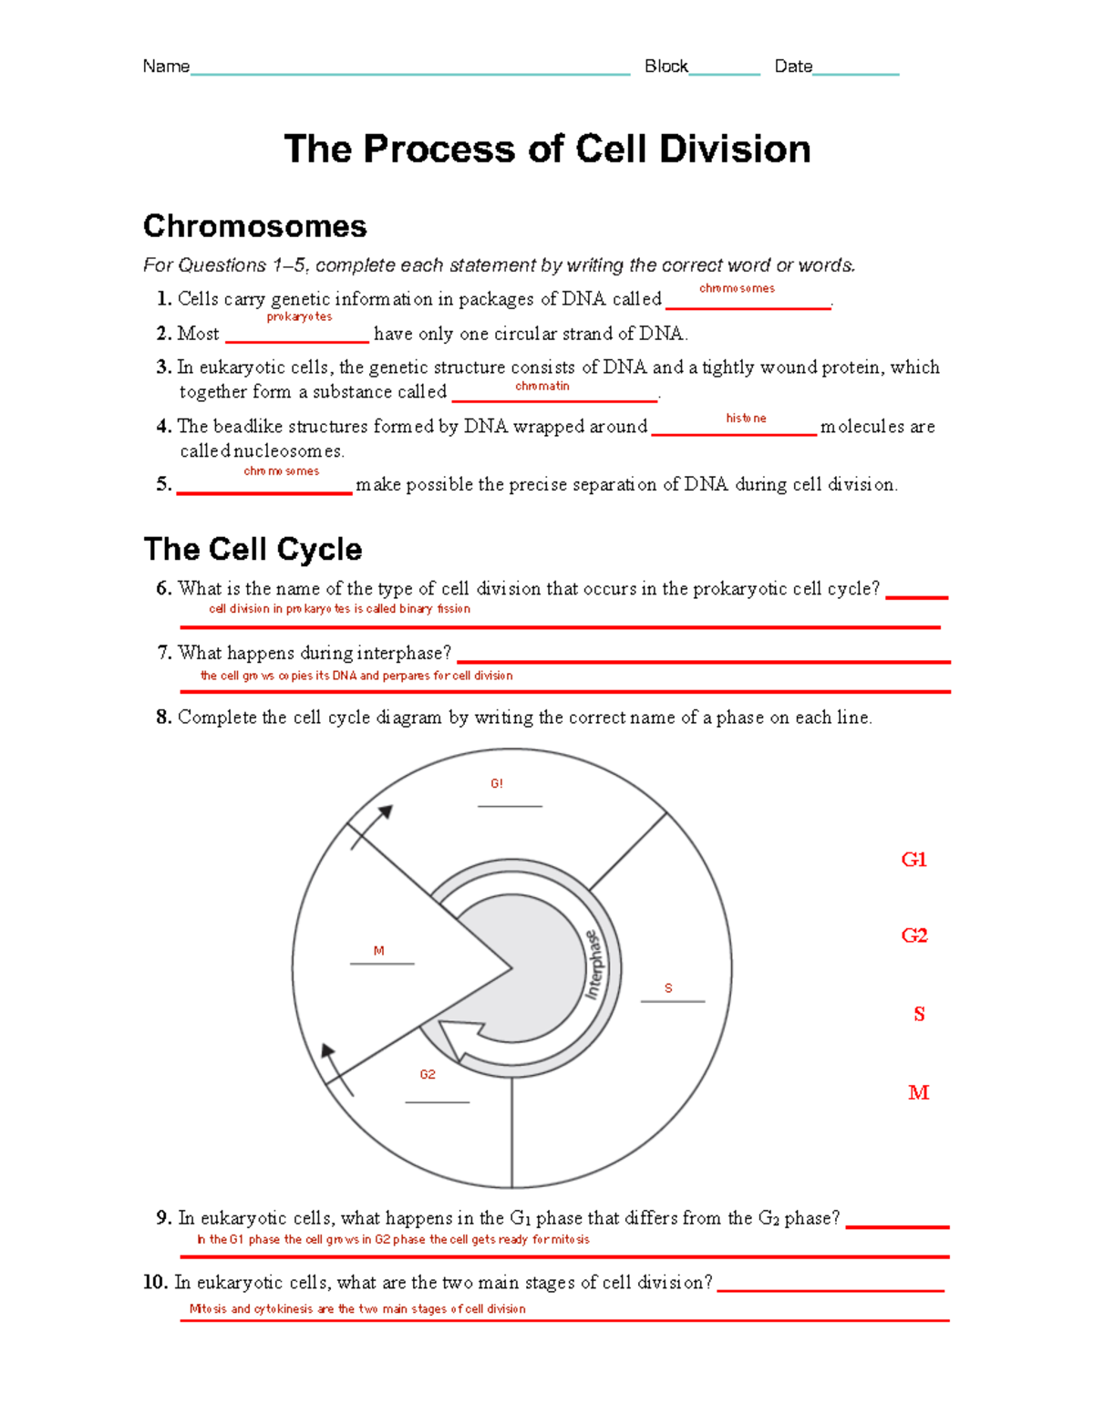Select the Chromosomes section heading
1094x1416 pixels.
click(x=255, y=226)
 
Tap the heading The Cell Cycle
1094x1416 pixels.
click(x=253, y=549)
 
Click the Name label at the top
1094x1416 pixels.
click(x=166, y=67)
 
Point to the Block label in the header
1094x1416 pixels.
click(x=666, y=67)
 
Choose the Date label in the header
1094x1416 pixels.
click(x=792, y=67)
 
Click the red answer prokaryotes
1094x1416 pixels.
click(x=299, y=317)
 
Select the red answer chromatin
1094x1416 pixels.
click(x=542, y=387)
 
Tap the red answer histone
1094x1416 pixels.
click(x=746, y=419)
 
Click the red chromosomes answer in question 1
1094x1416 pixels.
click(x=737, y=288)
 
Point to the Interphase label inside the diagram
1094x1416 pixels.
click(x=593, y=965)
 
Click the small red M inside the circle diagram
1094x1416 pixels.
click(x=379, y=951)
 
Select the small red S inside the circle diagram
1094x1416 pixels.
click(x=668, y=988)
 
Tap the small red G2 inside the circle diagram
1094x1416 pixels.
click(x=428, y=1075)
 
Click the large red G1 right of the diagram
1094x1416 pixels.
click(x=913, y=860)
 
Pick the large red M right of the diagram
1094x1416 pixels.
click(x=918, y=1092)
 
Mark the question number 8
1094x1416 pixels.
click(x=164, y=718)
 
